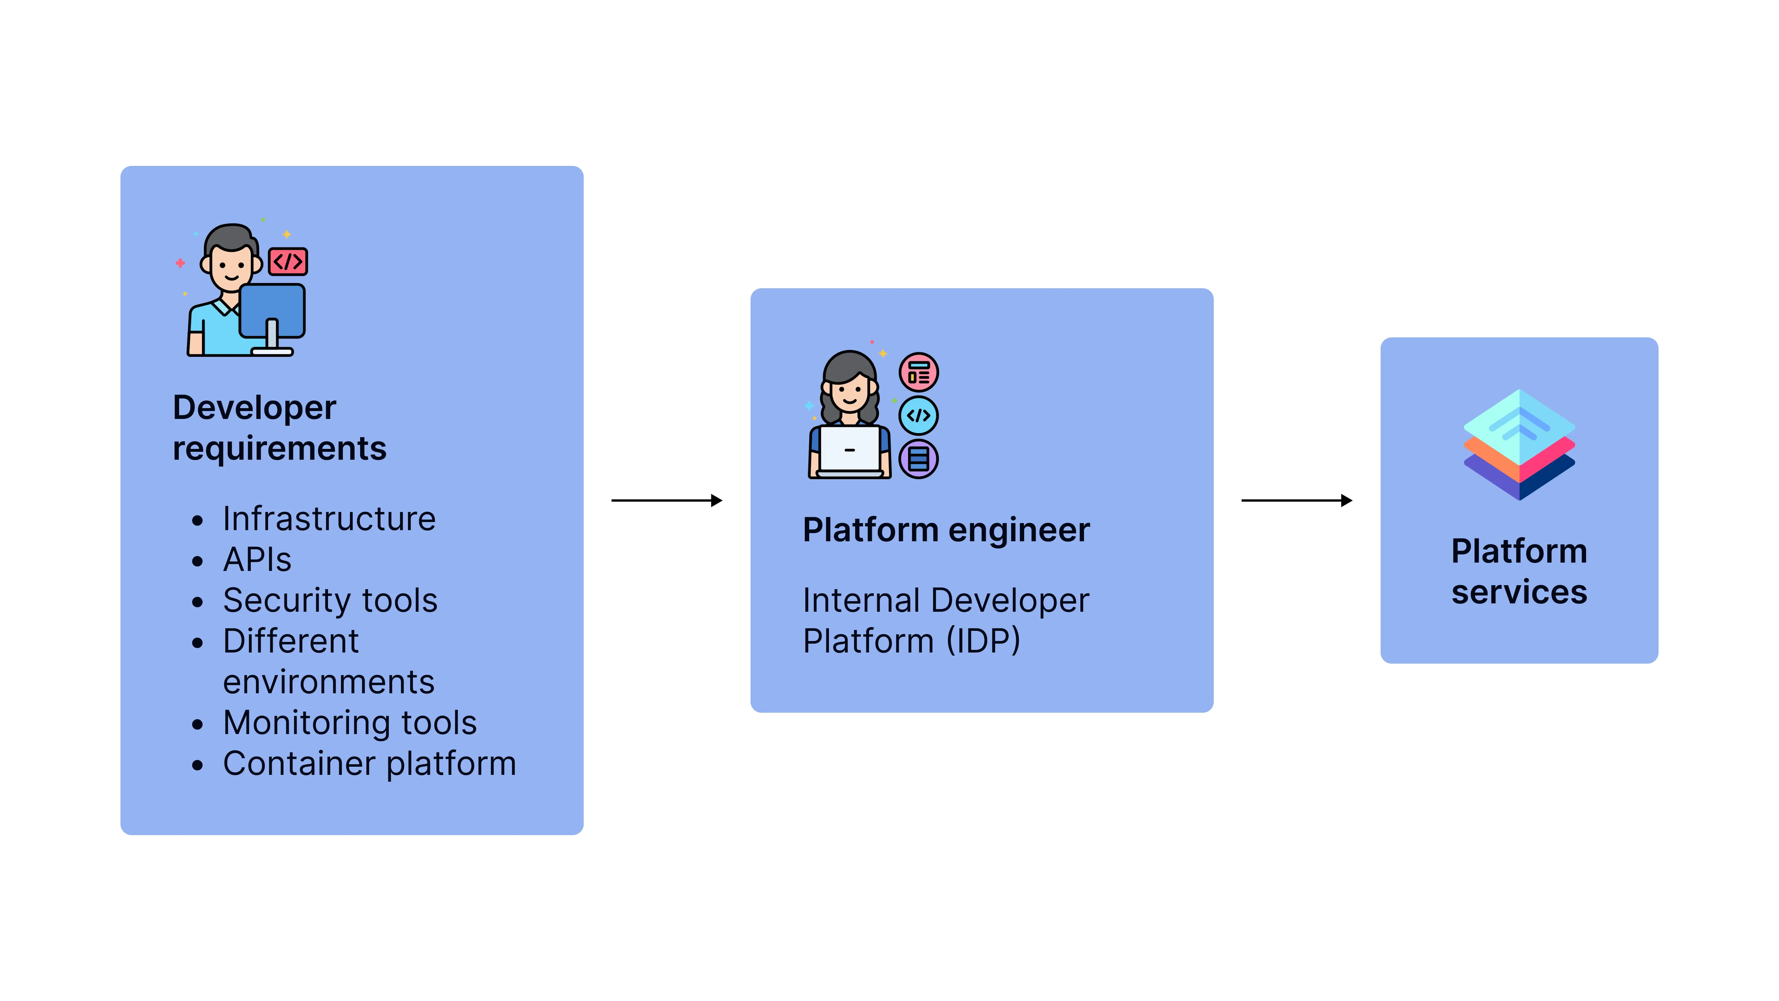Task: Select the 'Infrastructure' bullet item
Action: [329, 519]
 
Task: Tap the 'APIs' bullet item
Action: [257, 560]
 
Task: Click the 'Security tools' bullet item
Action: [330, 600]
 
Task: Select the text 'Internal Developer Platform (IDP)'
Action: [945, 620]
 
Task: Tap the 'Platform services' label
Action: [1519, 571]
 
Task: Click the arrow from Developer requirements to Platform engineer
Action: [667, 500]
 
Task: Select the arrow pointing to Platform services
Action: [1296, 500]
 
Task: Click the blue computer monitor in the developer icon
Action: [272, 311]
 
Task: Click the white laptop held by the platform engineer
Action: [849, 450]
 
